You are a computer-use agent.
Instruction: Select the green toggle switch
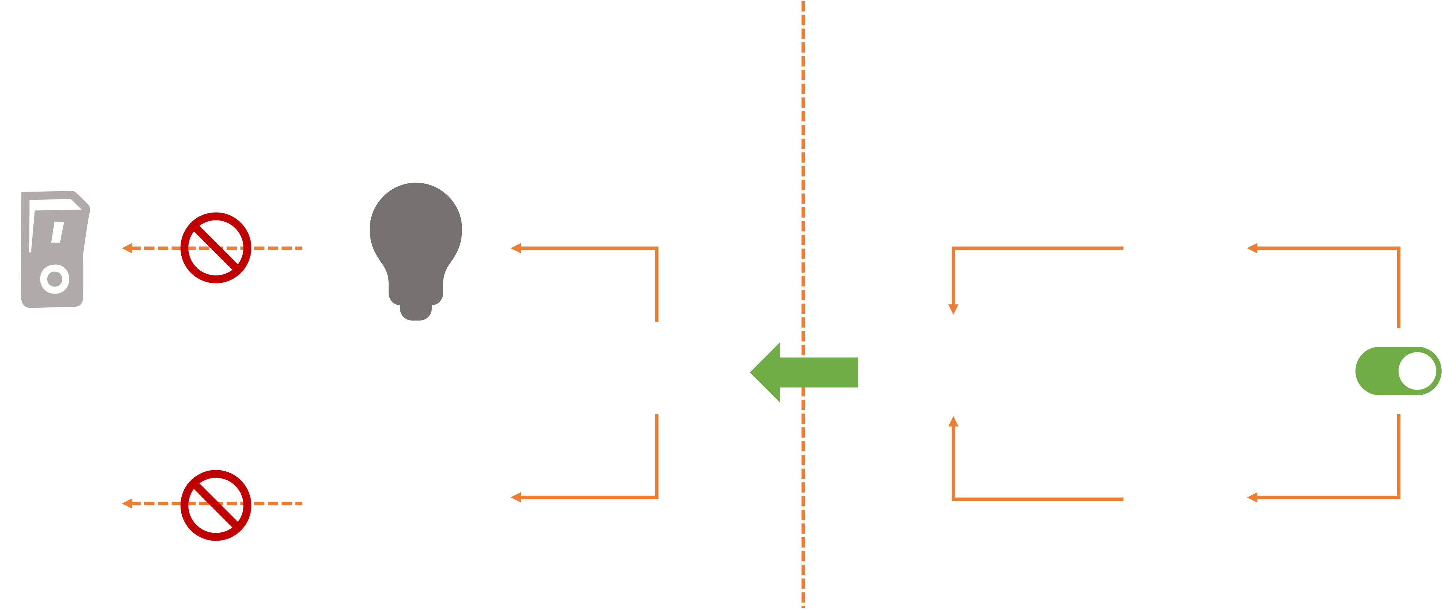coord(1398,371)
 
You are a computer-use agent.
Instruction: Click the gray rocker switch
coord(55,250)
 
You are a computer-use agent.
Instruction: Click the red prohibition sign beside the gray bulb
coord(215,247)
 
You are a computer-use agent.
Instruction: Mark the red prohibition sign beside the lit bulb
coord(215,505)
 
